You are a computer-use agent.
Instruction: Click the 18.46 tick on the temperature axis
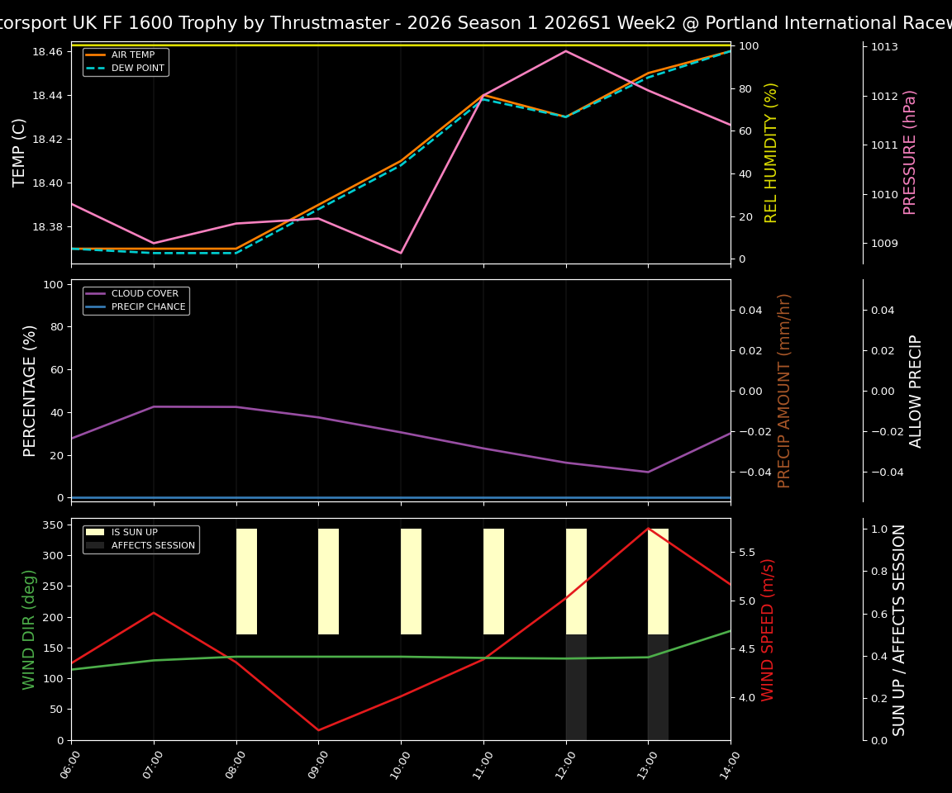coord(46,52)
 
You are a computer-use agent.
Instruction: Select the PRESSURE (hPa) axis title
coord(911,152)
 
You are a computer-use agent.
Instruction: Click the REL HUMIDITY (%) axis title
coord(772,152)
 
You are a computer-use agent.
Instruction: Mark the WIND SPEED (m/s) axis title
coord(769,629)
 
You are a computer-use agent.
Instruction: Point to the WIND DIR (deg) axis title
coord(30,629)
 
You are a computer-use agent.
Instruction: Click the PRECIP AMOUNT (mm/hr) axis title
coord(785,391)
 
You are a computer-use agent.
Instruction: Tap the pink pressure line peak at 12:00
coord(566,51)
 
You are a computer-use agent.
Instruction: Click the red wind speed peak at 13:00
coord(648,529)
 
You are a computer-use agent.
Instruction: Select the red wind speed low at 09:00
coord(318,730)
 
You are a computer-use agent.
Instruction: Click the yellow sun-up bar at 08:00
coord(246,582)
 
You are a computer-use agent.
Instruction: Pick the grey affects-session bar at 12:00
coord(576,687)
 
